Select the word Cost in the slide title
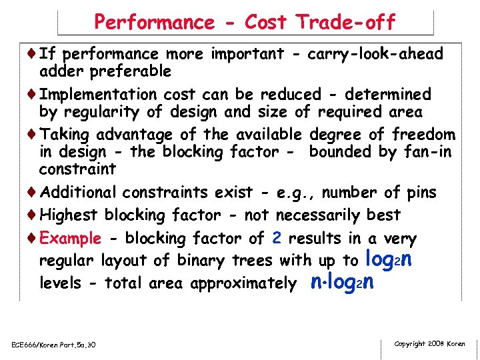coord(265,23)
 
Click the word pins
coord(421,193)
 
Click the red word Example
coord(71,239)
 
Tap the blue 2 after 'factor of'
coord(276,239)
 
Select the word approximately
coord(243,283)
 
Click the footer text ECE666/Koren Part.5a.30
coord(53,345)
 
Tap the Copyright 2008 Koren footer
coord(429,344)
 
